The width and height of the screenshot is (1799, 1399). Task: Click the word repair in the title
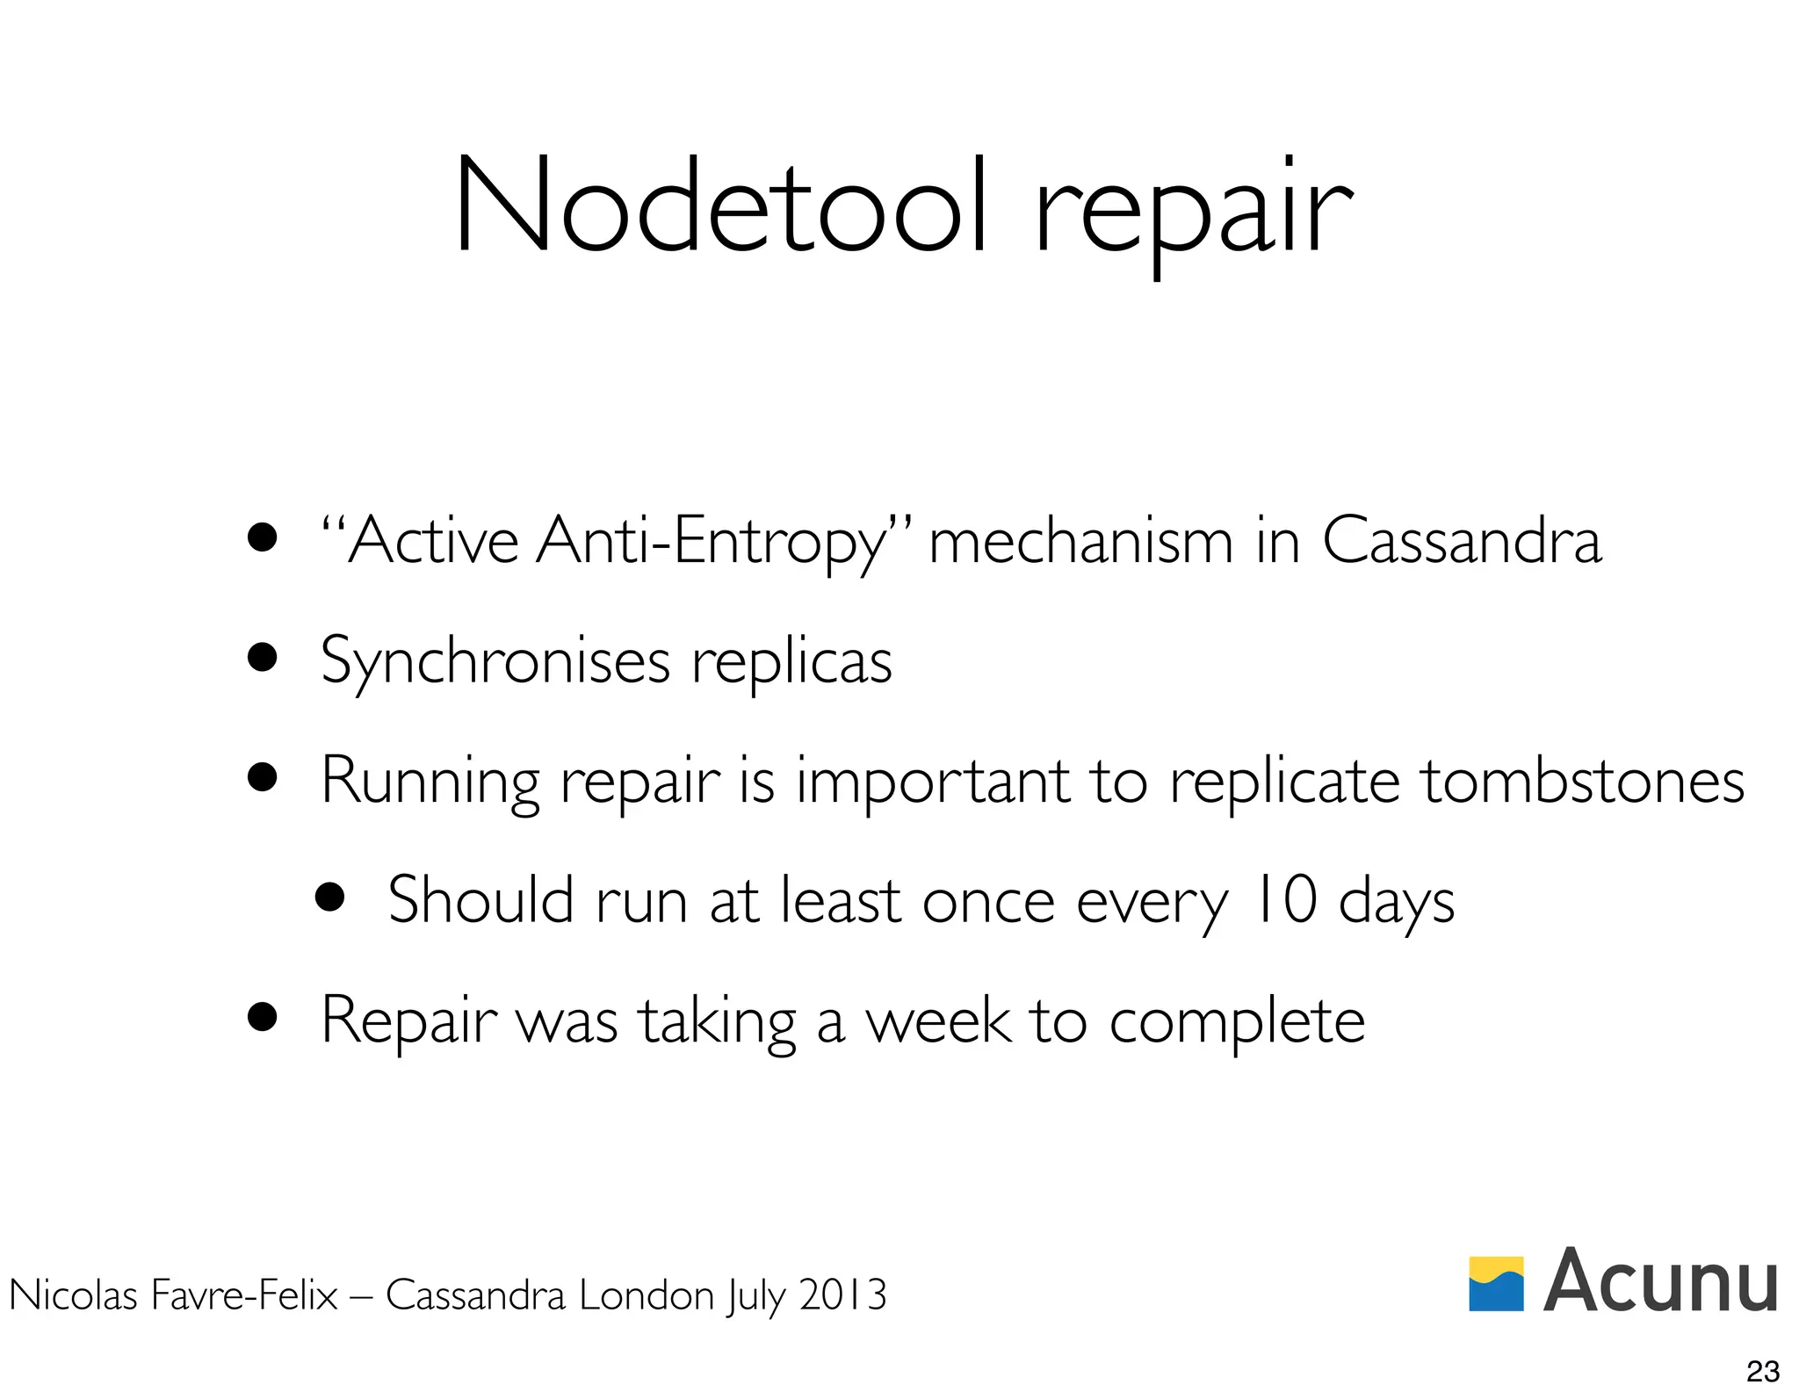(1193, 211)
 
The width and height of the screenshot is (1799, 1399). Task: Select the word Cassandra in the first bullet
(1461, 541)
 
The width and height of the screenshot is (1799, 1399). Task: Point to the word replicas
(791, 663)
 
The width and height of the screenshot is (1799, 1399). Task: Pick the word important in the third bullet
(932, 782)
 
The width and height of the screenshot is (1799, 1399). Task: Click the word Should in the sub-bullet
(480, 900)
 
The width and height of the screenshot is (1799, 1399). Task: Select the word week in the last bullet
(937, 1020)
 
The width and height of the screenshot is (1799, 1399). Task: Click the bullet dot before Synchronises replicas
(263, 657)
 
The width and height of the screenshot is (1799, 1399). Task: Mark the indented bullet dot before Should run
(329, 898)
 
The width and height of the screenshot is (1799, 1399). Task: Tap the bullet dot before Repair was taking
(263, 1017)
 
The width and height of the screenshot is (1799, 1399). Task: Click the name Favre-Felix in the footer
(244, 1295)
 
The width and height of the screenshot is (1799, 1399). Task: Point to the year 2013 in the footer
(842, 1295)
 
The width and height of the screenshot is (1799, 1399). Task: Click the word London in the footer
(647, 1295)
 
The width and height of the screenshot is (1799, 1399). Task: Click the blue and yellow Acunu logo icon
(1496, 1283)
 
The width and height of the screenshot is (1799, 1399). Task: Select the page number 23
(1762, 1371)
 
